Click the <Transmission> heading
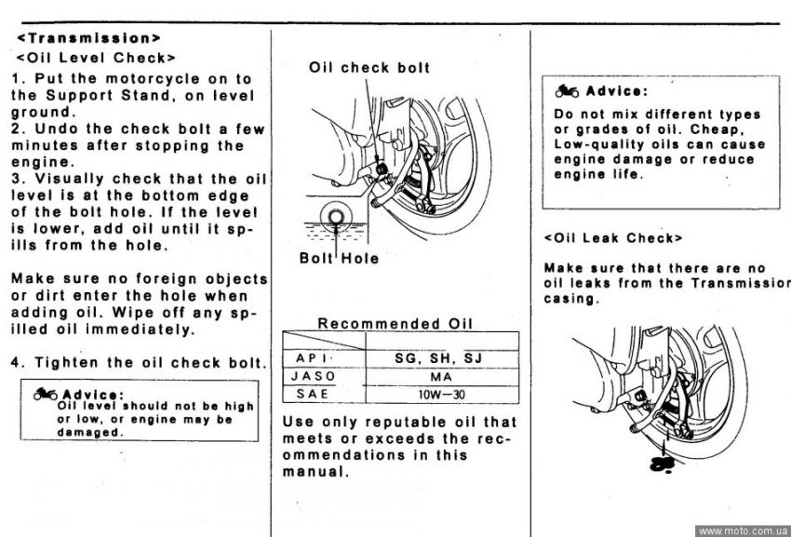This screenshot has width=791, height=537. [x=88, y=38]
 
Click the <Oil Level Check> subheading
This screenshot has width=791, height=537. [x=96, y=58]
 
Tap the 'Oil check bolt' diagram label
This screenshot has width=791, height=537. [x=369, y=68]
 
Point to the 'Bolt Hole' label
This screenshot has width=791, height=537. [x=339, y=258]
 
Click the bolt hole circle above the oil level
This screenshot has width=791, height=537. [x=336, y=217]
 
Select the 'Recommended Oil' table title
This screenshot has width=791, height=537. [x=395, y=324]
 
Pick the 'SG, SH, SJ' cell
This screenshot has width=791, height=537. [x=438, y=358]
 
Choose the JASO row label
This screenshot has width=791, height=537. [x=314, y=377]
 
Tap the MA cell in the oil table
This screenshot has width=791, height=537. [x=441, y=377]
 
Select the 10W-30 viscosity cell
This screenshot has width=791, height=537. [x=441, y=395]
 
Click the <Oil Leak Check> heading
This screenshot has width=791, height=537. [x=613, y=237]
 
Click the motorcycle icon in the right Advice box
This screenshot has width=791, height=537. [x=567, y=91]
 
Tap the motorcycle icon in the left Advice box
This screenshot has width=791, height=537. [x=46, y=394]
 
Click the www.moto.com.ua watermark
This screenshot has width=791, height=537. [x=743, y=530]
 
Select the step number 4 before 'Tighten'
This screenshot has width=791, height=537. [x=16, y=363]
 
